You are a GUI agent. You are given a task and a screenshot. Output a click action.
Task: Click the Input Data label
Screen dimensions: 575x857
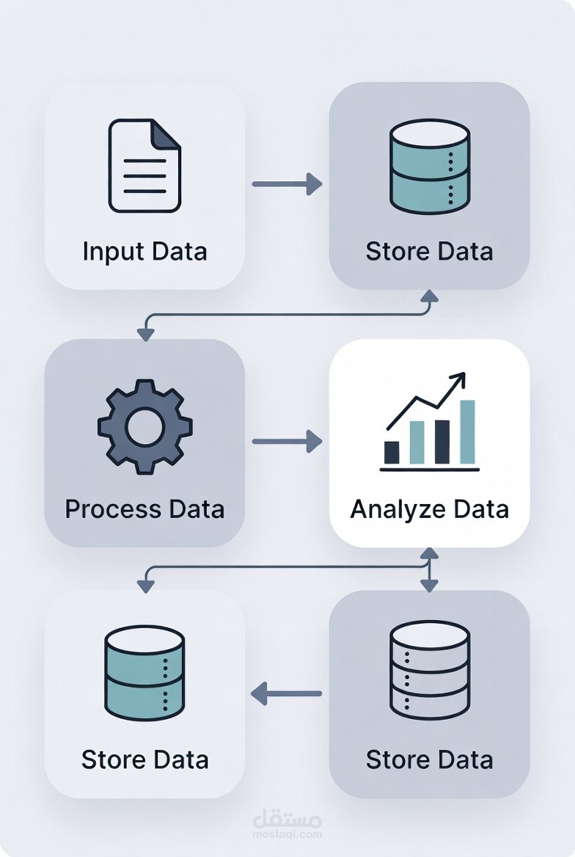click(144, 252)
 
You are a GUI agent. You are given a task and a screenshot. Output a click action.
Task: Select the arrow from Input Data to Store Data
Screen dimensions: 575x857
click(287, 183)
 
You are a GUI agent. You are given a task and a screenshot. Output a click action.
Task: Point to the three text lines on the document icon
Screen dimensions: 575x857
click(144, 176)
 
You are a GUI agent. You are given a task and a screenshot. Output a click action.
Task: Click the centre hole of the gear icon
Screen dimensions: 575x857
click(144, 426)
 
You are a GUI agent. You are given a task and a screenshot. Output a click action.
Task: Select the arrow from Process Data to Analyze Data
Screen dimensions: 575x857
click(287, 441)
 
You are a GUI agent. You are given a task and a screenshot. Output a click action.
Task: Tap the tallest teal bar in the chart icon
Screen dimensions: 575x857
click(467, 431)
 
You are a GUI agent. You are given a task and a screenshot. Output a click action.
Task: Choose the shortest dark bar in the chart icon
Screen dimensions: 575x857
click(392, 453)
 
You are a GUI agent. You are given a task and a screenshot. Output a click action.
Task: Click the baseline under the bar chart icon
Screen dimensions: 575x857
click(430, 470)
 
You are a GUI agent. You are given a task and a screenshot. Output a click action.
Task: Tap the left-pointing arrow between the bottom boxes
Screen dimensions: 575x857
click(287, 693)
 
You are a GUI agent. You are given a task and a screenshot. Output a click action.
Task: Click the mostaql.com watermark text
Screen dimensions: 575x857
click(287, 834)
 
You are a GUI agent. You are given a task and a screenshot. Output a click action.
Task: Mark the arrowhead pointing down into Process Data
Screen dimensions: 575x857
click(145, 334)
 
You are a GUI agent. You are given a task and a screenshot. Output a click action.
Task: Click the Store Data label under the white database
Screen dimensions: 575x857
click(430, 760)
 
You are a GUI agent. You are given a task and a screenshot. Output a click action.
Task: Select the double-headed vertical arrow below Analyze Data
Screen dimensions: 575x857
click(429, 569)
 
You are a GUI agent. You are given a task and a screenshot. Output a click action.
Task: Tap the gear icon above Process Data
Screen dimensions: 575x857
click(144, 426)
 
